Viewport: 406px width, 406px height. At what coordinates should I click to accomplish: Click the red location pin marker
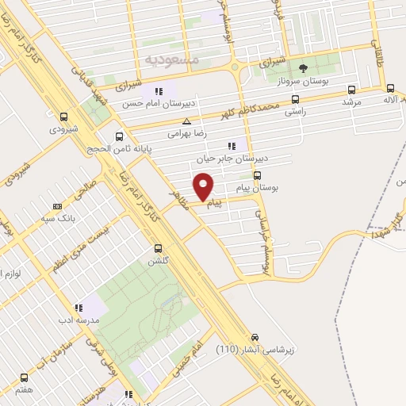coord(205,187)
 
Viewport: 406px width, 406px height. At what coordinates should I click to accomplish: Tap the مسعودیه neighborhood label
coord(172,60)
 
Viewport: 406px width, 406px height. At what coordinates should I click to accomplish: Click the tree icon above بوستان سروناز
coord(302,67)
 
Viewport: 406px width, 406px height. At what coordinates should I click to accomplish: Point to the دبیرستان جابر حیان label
coord(231,159)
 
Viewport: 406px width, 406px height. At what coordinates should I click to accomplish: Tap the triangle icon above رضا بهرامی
coord(186,121)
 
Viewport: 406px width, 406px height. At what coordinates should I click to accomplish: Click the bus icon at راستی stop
coord(296,100)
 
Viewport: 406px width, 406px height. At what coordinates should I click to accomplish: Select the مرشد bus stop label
coord(351,102)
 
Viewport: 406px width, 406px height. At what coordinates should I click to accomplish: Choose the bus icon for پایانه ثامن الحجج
coord(119,136)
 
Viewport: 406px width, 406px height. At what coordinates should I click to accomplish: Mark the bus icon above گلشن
coord(158,247)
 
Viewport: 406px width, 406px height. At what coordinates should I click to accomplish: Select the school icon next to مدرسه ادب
coord(79,307)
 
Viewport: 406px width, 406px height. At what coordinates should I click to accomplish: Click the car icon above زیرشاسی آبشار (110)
coord(255,336)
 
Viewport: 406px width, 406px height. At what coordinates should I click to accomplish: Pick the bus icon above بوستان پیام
coord(257,175)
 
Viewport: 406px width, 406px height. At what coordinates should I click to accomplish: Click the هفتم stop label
coord(23,389)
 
